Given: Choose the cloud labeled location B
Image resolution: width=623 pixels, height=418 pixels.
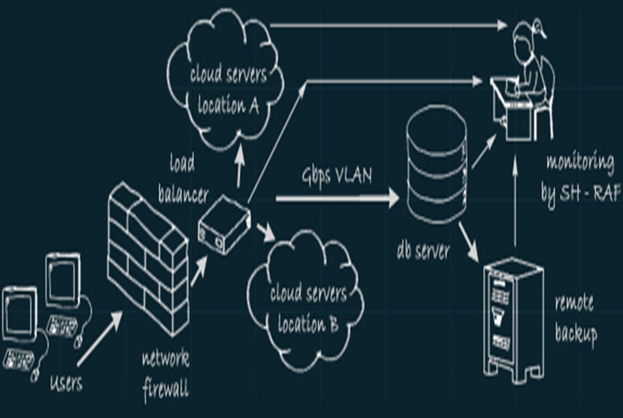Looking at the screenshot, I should point(307,307).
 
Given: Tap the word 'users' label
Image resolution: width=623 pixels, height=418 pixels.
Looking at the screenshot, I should point(66,384).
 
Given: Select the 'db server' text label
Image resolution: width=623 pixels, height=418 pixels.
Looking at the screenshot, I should point(423,252).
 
